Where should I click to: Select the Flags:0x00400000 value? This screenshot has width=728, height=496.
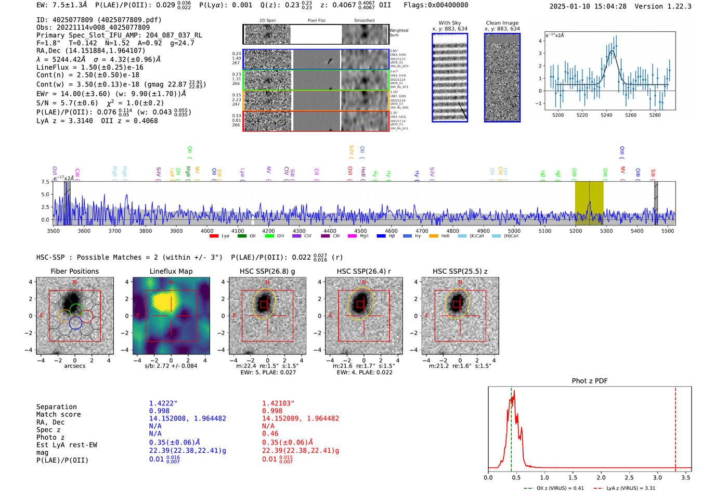[436, 5]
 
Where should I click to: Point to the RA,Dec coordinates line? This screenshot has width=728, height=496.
[90, 50]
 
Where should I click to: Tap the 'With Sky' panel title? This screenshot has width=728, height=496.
[449, 23]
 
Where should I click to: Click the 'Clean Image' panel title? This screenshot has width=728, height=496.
[502, 23]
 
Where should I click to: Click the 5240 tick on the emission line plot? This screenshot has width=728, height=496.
[606, 115]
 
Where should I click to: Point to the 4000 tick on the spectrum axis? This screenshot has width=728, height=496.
[207, 231]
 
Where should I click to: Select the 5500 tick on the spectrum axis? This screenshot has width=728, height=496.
[668, 231]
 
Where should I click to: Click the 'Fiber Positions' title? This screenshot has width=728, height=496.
[74, 271]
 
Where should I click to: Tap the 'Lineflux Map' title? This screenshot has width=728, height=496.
[171, 271]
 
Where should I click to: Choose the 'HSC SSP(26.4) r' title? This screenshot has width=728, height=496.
[363, 271]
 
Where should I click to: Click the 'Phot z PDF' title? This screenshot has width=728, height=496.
[589, 381]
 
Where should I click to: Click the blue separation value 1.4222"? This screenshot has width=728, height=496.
[163, 403]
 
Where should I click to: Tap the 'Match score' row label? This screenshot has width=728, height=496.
[58, 415]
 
